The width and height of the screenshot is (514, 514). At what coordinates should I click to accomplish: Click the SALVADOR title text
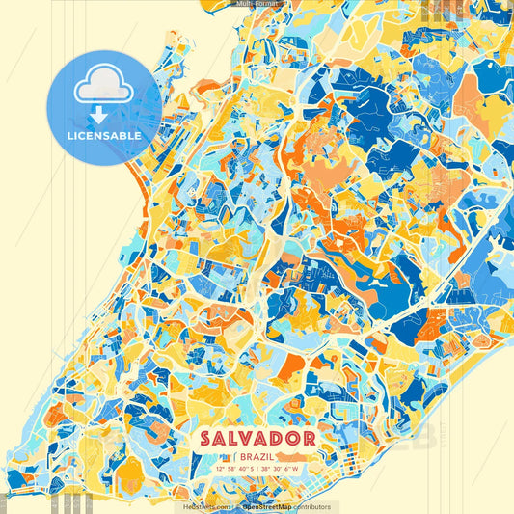tap(257, 438)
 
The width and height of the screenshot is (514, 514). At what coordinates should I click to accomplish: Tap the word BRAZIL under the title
tap(257, 455)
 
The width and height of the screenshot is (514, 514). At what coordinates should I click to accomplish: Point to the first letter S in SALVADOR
tap(206, 438)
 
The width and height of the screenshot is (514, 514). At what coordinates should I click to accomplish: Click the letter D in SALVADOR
tap(280, 438)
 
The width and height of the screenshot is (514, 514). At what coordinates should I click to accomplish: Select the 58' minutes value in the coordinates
tap(231, 469)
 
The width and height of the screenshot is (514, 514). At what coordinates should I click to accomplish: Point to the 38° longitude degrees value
tap(266, 469)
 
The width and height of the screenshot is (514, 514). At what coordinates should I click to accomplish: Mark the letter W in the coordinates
tap(295, 469)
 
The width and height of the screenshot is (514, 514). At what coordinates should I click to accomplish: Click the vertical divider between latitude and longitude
tap(257, 469)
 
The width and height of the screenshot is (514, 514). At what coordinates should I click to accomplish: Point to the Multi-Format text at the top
tap(257, 4)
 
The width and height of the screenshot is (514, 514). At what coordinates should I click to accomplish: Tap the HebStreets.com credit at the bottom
tap(205, 506)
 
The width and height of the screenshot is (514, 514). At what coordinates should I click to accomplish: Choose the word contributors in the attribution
tap(311, 506)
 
